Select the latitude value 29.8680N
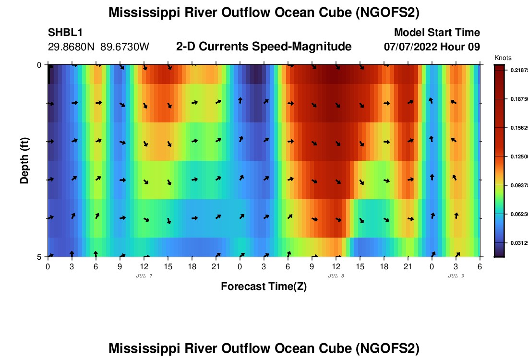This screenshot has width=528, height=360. [72, 47]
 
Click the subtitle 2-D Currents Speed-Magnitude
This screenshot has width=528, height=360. [264, 47]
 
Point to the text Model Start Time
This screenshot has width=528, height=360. [437, 33]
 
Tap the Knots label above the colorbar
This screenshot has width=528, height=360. [503, 58]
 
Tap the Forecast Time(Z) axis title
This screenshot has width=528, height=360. [264, 287]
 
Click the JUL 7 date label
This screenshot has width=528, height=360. [144, 276]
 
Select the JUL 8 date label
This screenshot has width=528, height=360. [336, 276]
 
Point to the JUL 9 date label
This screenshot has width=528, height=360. [456, 276]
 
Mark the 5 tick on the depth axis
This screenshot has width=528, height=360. [39, 257]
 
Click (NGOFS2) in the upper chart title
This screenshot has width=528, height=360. [387, 13]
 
